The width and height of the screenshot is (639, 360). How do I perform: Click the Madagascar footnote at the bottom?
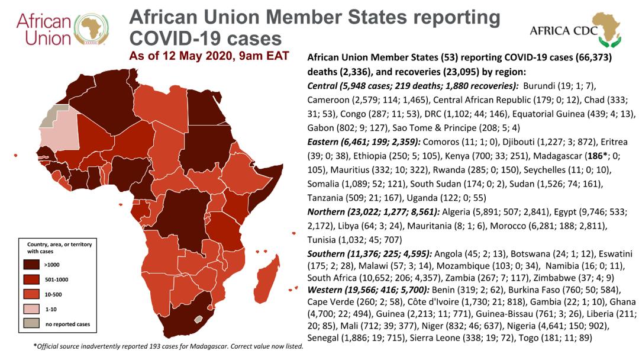coord(169,346)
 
